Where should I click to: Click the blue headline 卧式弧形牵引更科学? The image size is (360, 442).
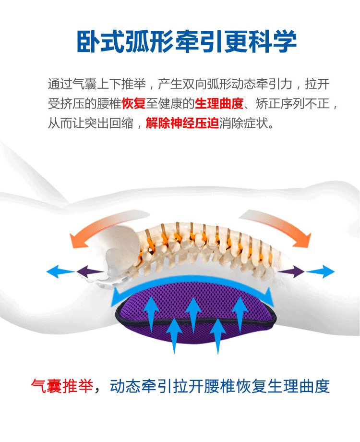pos(186,42)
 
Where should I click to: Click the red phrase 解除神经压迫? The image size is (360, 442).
pos(182,123)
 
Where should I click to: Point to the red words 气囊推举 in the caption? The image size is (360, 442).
pos(61,386)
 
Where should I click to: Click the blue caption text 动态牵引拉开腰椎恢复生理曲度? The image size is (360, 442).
pos(220,386)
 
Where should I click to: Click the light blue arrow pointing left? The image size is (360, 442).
pos(60,272)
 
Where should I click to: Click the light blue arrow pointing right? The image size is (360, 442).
pos(321,272)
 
